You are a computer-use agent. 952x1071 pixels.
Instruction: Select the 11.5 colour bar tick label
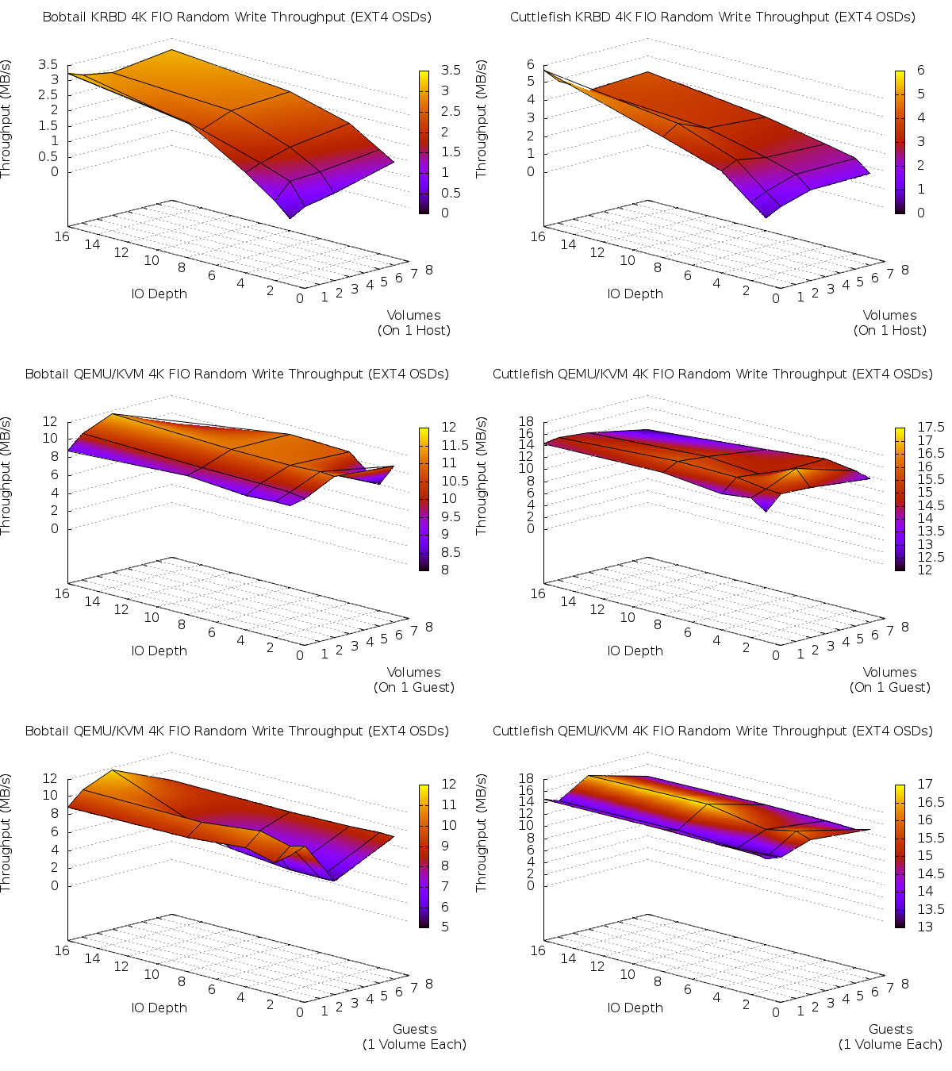tap(449, 445)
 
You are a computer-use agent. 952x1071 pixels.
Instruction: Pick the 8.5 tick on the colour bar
tap(449, 552)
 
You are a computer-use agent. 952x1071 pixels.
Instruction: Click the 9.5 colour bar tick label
tap(449, 516)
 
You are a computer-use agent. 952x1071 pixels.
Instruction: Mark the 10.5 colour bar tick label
tap(449, 481)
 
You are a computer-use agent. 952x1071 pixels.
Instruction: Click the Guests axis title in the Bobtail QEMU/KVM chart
tap(414, 1029)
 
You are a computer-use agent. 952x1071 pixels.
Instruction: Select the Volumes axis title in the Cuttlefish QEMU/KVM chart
tap(889, 672)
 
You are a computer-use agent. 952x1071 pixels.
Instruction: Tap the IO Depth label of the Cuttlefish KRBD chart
tap(635, 294)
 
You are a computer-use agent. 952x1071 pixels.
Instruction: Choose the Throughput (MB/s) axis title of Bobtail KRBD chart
tap(6, 119)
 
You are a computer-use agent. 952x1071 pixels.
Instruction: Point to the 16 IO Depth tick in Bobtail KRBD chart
tap(62, 236)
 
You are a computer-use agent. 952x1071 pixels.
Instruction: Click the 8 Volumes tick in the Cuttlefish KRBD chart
tap(905, 270)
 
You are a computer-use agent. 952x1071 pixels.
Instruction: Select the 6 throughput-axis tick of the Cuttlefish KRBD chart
tap(531, 65)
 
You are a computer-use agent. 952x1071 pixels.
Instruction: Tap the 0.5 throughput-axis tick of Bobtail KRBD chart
tap(48, 156)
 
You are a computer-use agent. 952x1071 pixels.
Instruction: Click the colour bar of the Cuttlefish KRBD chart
tap(900, 142)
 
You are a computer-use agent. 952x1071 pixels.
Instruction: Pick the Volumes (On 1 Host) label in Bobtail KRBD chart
tap(413, 323)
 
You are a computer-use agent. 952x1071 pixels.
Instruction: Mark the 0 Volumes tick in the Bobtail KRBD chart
tap(299, 298)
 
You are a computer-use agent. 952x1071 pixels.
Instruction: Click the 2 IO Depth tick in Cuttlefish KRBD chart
tap(746, 290)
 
